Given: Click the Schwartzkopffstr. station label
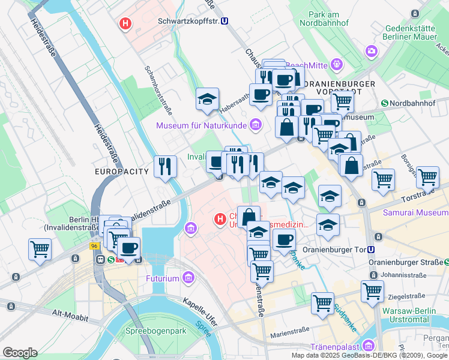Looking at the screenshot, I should coord(187,21).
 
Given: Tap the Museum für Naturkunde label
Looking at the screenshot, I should coord(202,125).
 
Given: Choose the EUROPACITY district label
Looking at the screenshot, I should coord(121,172).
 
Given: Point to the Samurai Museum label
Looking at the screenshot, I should coord(414,214).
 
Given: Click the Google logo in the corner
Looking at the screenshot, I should coord(20,352).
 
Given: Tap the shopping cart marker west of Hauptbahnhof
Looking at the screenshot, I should coord(40,248).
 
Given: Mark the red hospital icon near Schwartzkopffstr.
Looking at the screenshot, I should coord(125,24).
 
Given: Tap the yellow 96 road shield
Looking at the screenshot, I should coord(94,246).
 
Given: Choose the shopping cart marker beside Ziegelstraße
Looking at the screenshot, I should coord(372,291).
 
